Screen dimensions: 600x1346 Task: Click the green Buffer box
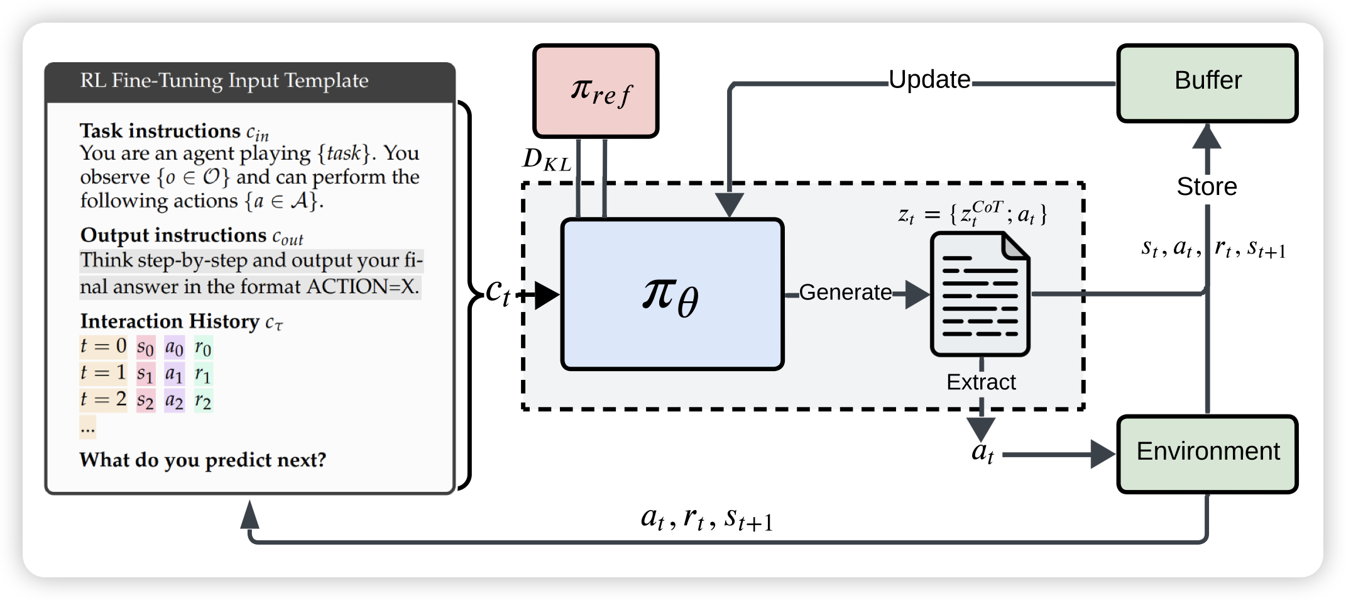[1207, 83]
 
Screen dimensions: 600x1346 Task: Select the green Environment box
[1207, 453]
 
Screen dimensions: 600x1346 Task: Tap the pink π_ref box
[596, 91]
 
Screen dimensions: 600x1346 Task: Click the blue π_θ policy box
[672, 294]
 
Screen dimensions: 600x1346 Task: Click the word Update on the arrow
[929, 80]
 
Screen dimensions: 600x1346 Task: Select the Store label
[1206, 187]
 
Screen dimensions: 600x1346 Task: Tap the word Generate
[845, 292]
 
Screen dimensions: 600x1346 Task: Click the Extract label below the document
[981, 382]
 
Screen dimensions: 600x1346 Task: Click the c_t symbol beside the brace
[498, 292]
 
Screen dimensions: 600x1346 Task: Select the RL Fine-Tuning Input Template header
[224, 81]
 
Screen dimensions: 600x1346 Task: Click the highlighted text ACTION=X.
[363, 287]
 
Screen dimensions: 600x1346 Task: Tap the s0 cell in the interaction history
[145, 347]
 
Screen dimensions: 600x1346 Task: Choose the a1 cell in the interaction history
[174, 374]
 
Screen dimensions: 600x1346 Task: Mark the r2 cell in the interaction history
[203, 400]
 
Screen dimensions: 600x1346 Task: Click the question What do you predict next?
[203, 460]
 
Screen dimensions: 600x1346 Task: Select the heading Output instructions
[173, 235]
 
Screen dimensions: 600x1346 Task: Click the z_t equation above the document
[971, 214]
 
